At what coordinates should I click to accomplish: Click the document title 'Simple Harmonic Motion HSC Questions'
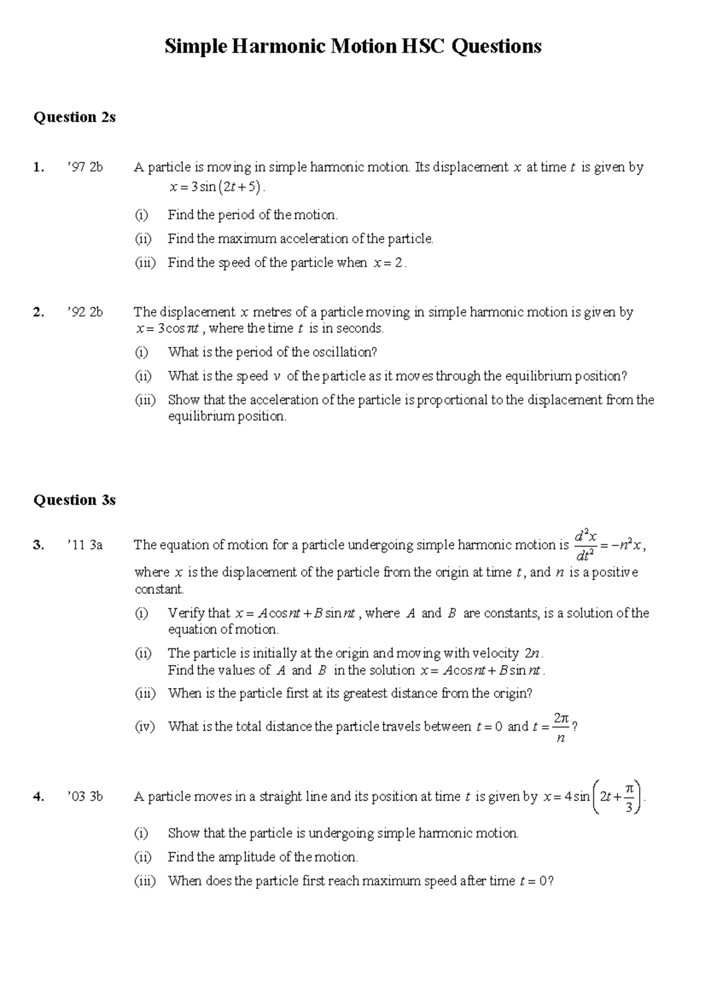(x=352, y=46)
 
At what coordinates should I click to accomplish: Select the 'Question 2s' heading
(x=74, y=117)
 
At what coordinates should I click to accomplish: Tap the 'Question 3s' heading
(x=74, y=500)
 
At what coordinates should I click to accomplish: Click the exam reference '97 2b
(x=85, y=167)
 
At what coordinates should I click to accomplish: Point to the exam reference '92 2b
(x=85, y=312)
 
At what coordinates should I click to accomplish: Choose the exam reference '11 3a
(x=85, y=545)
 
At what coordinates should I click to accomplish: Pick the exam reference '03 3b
(x=85, y=797)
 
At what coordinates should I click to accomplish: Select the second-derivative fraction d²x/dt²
(x=586, y=545)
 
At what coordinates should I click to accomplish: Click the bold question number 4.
(x=38, y=797)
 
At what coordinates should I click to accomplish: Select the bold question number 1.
(x=38, y=167)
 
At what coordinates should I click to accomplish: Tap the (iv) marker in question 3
(x=145, y=727)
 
